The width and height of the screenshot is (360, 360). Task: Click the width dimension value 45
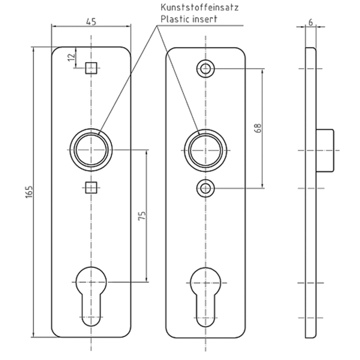91,22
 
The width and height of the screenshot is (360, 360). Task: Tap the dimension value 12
71,57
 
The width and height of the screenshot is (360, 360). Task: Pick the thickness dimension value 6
310,22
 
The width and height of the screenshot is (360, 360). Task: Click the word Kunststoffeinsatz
199,7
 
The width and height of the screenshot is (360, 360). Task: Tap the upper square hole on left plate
91,68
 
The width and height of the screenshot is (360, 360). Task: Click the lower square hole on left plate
91,188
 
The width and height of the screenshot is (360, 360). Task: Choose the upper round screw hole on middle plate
206,68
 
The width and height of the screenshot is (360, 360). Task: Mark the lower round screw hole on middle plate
206,188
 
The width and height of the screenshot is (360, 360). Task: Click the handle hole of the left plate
91,150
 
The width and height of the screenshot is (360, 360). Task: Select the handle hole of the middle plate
206,150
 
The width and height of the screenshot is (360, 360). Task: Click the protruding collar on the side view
325,150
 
